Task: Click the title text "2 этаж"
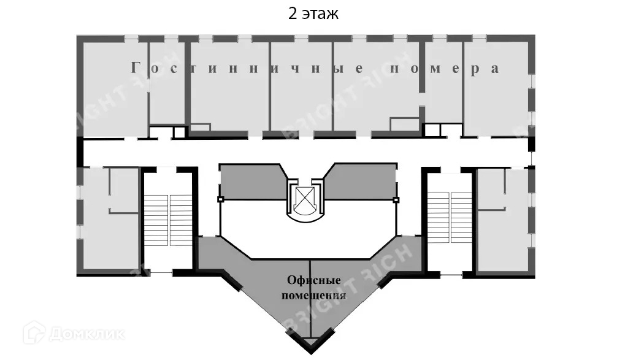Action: [x=313, y=14]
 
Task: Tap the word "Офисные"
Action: [x=314, y=281]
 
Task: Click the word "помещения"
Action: [x=313, y=295]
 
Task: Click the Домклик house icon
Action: [x=34, y=334]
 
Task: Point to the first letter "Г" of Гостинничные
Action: [x=136, y=69]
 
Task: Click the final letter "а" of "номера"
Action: [x=494, y=69]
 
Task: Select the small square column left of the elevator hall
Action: [x=220, y=199]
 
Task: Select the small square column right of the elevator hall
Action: [x=396, y=199]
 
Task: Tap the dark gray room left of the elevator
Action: [x=251, y=182]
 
